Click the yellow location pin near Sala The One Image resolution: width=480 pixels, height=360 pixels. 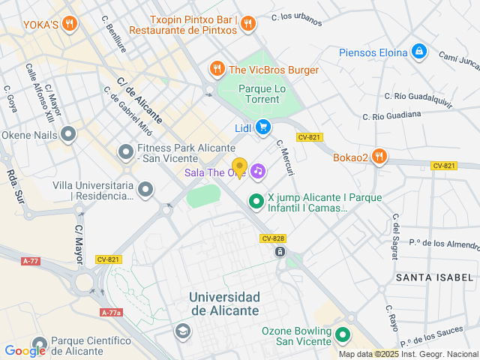coord(239,167)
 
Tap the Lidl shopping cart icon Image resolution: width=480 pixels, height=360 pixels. coord(262,127)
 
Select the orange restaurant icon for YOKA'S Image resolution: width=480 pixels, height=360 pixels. coord(70,23)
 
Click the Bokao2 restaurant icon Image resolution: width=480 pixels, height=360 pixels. coord(379,157)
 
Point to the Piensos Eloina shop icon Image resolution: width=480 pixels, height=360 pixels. coord(419,52)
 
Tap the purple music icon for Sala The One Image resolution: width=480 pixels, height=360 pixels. coord(258,172)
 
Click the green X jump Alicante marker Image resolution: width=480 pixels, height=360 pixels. coord(256,200)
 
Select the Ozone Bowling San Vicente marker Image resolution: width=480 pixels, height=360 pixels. coord(343,334)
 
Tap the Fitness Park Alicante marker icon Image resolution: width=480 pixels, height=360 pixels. coord(124,152)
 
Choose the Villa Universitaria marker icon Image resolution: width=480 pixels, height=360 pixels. coord(146,190)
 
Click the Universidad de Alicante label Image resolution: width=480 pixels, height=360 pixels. coord(224,303)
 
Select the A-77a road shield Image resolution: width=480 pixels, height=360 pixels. coord(110,313)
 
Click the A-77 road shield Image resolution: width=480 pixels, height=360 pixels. coord(31,261)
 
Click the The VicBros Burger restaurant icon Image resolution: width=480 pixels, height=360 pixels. coord(217,70)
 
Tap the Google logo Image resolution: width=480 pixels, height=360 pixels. coord(25,350)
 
